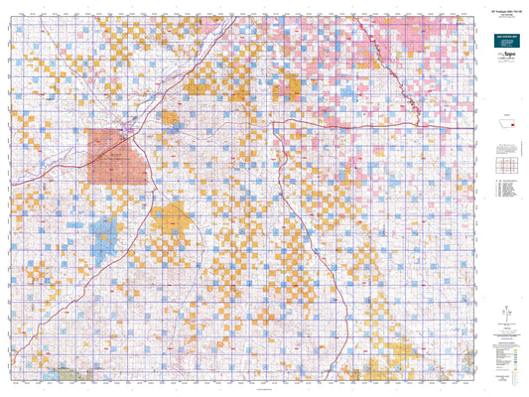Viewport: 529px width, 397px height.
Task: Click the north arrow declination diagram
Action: (507, 312)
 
